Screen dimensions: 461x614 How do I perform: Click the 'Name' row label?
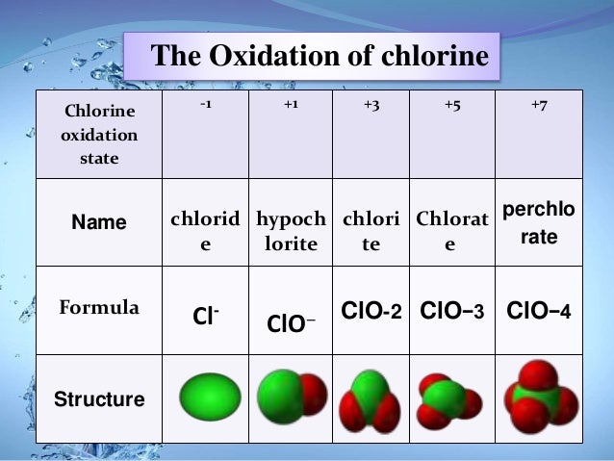[99, 222]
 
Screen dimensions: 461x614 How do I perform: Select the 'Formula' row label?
[99, 308]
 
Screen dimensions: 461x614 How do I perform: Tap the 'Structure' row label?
[99, 398]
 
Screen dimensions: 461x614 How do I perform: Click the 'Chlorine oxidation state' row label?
[99, 136]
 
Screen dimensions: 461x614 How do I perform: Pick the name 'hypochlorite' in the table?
[291, 231]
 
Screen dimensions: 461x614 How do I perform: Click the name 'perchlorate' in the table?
[539, 222]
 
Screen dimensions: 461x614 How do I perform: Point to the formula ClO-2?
[371, 311]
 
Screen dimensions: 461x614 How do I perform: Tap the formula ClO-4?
[539, 311]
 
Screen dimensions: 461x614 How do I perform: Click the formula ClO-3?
[451, 311]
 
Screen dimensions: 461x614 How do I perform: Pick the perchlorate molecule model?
[539, 396]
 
